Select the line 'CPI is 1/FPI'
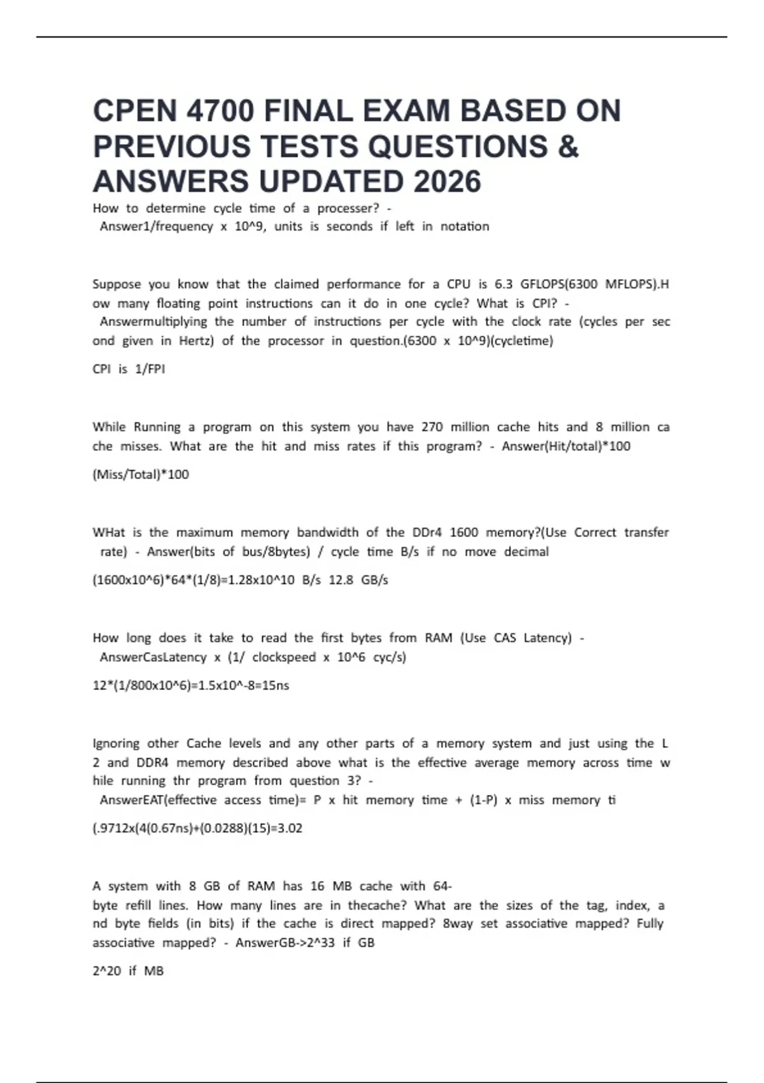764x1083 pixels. [x=129, y=369]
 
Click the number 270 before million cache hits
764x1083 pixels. [x=432, y=427]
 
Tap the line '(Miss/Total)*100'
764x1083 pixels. [x=141, y=474]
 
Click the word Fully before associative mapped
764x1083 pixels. [x=649, y=924]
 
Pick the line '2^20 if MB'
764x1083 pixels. [x=128, y=971]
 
